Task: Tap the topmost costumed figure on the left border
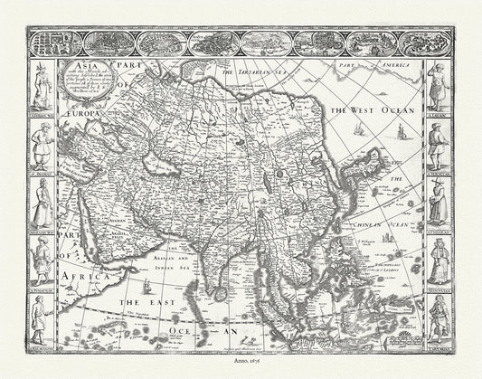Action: point(42,85)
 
